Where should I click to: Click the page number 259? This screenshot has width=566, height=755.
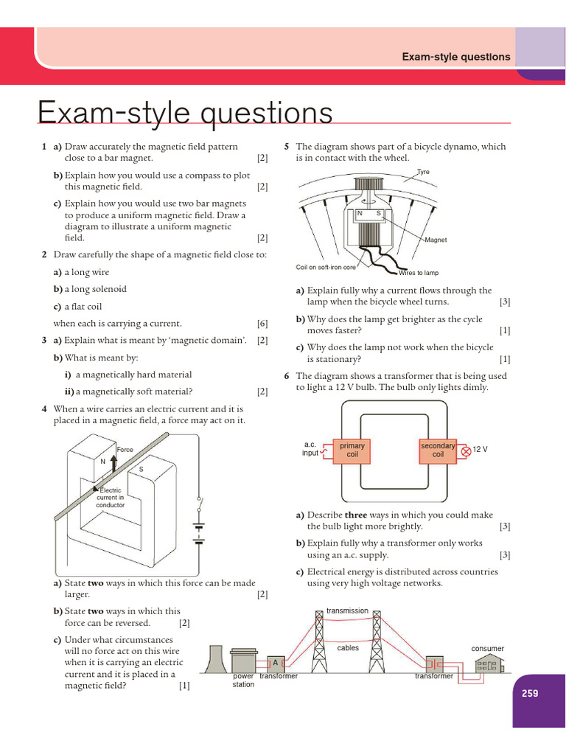[529, 693]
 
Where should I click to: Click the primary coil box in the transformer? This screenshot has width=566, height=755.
[352, 450]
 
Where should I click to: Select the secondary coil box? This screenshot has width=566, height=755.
[438, 450]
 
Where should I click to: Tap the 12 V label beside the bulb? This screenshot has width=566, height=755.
[480, 449]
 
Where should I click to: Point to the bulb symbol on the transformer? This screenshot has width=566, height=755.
[465, 450]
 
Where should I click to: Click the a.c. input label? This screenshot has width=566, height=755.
[310, 449]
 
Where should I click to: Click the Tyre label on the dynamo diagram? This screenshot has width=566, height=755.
[423, 172]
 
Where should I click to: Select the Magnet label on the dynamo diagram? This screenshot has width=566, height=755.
[436, 240]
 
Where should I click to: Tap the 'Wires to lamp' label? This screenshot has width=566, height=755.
[419, 273]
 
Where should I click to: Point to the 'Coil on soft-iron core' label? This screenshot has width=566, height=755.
[326, 267]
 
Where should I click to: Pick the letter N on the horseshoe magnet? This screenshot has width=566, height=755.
[102, 462]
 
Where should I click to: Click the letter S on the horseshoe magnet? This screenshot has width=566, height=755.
[141, 470]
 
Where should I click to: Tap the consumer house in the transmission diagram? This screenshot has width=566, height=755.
[488, 666]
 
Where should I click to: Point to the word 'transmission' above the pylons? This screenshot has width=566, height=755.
[347, 610]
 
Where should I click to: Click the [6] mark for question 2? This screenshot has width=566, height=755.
[262, 324]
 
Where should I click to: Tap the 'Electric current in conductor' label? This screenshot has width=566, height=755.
[111, 498]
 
